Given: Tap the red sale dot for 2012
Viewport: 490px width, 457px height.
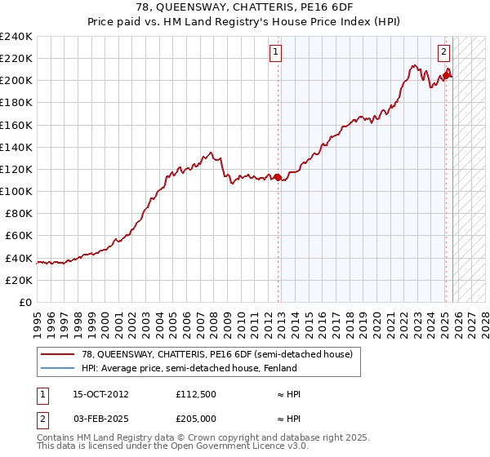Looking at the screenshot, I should click(x=278, y=176).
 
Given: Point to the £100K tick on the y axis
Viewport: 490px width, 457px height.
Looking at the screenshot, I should click(x=16, y=191).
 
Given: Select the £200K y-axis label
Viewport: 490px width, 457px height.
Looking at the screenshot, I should click(x=16, y=80).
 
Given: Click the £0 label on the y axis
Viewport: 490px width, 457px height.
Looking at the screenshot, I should click(x=25, y=302).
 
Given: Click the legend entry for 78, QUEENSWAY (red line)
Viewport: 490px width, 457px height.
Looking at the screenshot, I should click(x=216, y=354).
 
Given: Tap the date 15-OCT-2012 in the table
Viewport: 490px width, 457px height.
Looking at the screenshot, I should click(x=95, y=393).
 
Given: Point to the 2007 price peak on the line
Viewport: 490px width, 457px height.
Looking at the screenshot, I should click(x=211, y=152).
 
